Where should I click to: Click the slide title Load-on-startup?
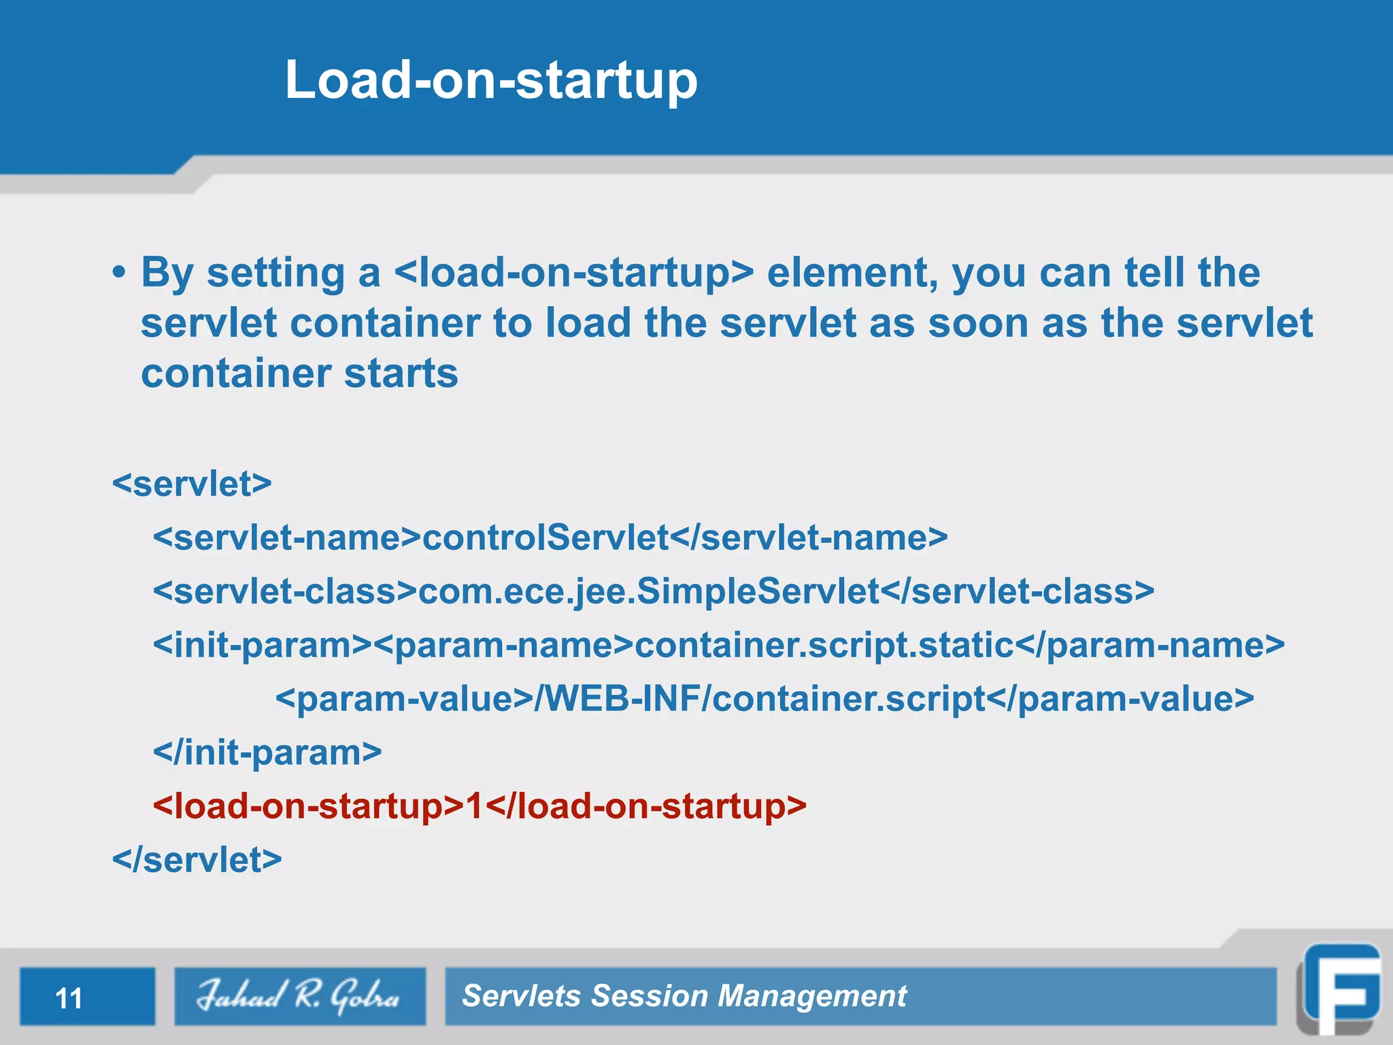click(491, 80)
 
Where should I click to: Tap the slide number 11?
click(69, 998)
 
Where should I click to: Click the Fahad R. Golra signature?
click(299, 996)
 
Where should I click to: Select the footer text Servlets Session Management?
click(684, 996)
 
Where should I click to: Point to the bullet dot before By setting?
click(120, 273)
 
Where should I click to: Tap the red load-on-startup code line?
click(480, 806)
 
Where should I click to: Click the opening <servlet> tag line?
click(192, 484)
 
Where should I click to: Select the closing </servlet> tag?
click(197, 860)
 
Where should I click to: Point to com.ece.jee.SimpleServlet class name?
click(649, 591)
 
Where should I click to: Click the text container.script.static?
click(824, 645)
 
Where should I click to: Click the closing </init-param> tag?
click(267, 752)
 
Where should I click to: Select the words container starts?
click(299, 374)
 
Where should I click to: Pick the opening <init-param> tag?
click(263, 645)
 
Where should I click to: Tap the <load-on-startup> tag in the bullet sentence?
click(573, 273)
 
